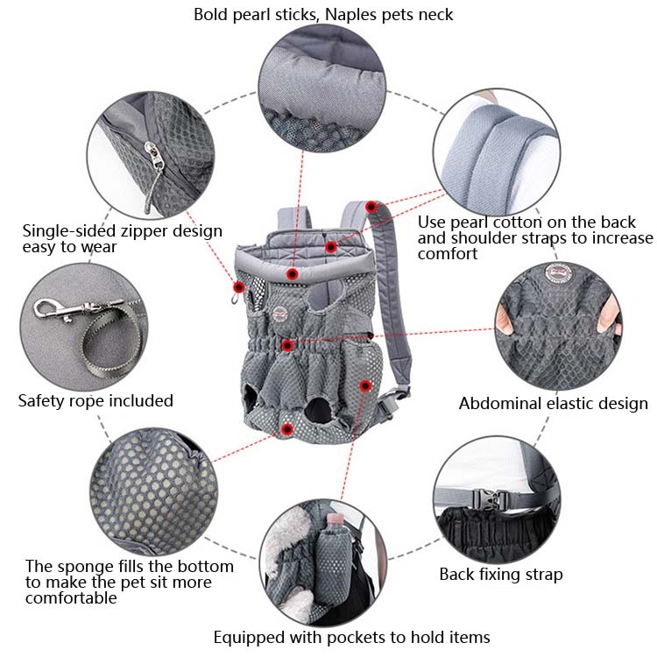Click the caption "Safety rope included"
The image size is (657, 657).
(95, 400)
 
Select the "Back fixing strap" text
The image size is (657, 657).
(500, 575)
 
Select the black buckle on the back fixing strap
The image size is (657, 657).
(484, 499)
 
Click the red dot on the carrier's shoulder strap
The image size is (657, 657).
(371, 207)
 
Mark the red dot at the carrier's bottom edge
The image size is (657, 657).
(287, 428)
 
